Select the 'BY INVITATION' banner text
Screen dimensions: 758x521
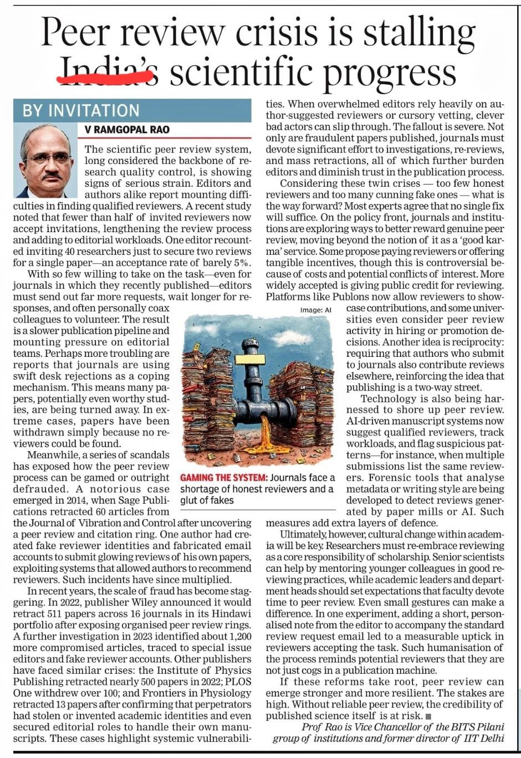(x=81, y=111)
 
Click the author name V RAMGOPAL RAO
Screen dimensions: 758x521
(x=127, y=130)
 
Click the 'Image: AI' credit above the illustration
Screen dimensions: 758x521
(x=315, y=310)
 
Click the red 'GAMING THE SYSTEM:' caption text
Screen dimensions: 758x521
(x=223, y=478)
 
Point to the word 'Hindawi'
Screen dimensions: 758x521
(x=231, y=613)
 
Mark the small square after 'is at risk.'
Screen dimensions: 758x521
(x=428, y=716)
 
